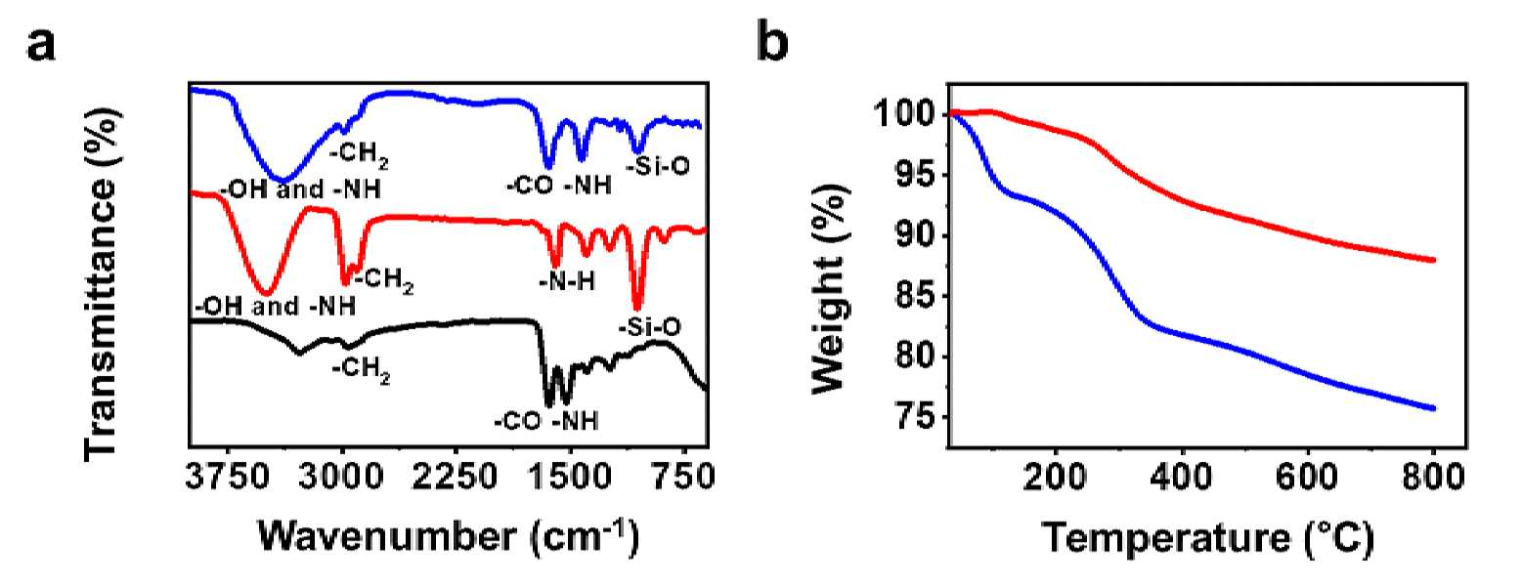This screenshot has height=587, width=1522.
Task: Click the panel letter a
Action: (x=41, y=46)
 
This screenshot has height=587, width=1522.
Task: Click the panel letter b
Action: (x=772, y=41)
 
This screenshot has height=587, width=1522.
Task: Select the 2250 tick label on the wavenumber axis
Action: (x=456, y=478)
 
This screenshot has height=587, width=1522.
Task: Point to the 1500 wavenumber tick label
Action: (x=569, y=478)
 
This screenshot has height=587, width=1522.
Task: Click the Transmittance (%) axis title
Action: (x=102, y=285)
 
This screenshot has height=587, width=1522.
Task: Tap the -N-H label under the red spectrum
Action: (x=567, y=281)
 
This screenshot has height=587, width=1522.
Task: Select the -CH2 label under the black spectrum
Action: (x=362, y=370)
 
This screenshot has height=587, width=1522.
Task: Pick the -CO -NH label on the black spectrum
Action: (x=546, y=421)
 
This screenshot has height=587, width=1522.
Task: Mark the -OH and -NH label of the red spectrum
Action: (x=276, y=306)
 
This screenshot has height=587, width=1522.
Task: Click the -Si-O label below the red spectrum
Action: (x=650, y=328)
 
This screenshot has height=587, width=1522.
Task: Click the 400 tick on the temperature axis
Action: (x=1182, y=478)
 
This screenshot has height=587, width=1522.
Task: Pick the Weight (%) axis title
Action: (x=830, y=289)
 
